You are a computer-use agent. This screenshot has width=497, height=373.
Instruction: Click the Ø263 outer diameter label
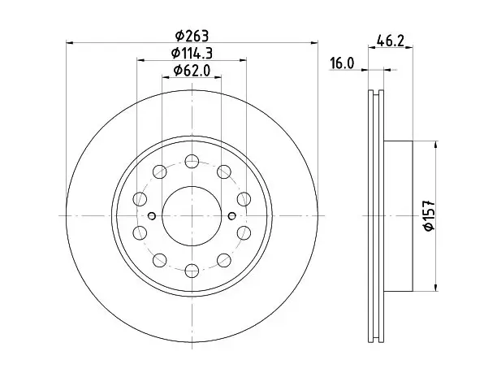pyautogui.click(x=192, y=36)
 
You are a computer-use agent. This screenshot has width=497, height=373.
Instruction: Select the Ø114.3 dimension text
pyautogui.click(x=192, y=53)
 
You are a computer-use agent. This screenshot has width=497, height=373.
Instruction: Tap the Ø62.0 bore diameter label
pyautogui.click(x=192, y=71)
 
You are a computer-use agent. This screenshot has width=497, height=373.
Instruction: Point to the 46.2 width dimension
pyautogui.click(x=391, y=41)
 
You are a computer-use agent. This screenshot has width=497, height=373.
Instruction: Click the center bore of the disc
pyautogui.click(x=192, y=216)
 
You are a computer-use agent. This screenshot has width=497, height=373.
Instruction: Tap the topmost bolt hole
pyautogui.click(x=192, y=161)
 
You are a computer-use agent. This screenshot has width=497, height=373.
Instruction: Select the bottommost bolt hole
pyautogui.click(x=192, y=271)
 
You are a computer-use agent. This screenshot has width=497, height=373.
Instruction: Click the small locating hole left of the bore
pyautogui.click(x=152, y=216)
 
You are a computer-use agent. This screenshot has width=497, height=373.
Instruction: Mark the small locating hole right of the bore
pyautogui.click(x=232, y=216)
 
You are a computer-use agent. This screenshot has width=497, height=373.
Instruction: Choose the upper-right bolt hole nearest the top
pyautogui.click(x=224, y=171)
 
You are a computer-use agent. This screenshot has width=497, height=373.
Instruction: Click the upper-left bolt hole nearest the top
pyautogui.click(x=160, y=171)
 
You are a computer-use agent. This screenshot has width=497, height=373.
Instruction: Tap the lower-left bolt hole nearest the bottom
pyautogui.click(x=160, y=260)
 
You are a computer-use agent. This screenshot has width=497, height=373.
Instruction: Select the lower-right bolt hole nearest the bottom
pyautogui.click(x=224, y=260)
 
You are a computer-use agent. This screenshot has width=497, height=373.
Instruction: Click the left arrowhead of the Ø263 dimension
pyautogui.click(x=70, y=42)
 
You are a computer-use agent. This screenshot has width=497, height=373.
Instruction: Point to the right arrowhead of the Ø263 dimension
pyautogui.click(x=313, y=42)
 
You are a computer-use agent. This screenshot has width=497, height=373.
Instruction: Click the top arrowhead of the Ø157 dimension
pyautogui.click(x=436, y=145)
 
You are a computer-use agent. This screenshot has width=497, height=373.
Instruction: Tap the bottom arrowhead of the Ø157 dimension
pyautogui.click(x=436, y=287)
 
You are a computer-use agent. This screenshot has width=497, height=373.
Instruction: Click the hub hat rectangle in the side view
pyautogui.click(x=398, y=216)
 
